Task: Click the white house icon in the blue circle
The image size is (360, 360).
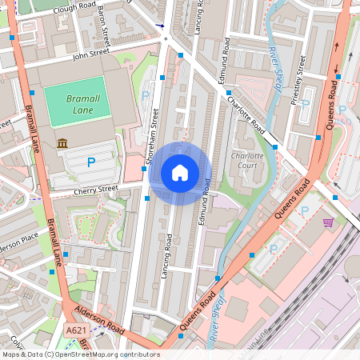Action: [179, 172]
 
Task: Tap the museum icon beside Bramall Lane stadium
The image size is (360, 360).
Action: [62, 143]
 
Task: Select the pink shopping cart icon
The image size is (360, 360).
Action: [328, 222]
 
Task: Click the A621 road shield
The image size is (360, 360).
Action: [76, 330]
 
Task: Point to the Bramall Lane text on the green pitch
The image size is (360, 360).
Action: [80, 102]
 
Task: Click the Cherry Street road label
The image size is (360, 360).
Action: [96, 190]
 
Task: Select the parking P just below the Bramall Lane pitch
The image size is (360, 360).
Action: [91, 162]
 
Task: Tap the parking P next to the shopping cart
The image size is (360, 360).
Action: [303, 211]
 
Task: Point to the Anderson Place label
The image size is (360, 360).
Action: [18, 241]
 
